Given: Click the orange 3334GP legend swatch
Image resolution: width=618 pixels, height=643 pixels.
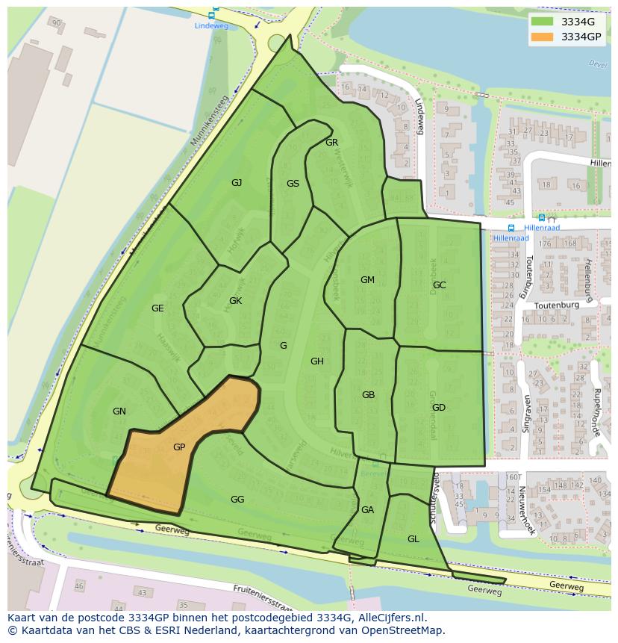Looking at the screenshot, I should point(543,37).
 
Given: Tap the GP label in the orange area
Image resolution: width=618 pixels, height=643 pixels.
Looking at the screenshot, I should point(179,447).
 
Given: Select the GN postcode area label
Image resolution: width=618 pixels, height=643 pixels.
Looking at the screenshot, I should point(119,411).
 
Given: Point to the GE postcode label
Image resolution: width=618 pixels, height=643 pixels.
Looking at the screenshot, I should point(157,308).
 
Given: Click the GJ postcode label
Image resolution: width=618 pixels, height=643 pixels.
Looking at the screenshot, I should point(237,183).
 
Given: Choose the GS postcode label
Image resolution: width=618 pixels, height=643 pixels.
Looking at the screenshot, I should point(293,184).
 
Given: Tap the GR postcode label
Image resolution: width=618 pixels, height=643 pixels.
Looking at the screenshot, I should point(332,143).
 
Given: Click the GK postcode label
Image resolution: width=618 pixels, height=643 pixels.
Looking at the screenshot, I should point(235,301).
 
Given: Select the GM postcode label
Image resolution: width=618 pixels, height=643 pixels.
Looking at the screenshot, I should point(367,280).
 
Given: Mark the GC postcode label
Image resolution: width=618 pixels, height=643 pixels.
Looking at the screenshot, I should point(439,285).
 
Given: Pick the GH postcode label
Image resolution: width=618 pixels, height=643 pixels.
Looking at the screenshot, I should point(317,361).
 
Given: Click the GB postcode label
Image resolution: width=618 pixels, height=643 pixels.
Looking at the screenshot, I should point(368,395).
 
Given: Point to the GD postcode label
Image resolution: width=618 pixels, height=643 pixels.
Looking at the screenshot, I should point(438,408).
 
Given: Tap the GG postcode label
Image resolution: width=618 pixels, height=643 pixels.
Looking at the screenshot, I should point(237,500).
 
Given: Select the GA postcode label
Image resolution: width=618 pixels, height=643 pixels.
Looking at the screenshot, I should point(367,510).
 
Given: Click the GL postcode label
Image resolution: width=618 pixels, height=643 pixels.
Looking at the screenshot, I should point(413,539).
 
